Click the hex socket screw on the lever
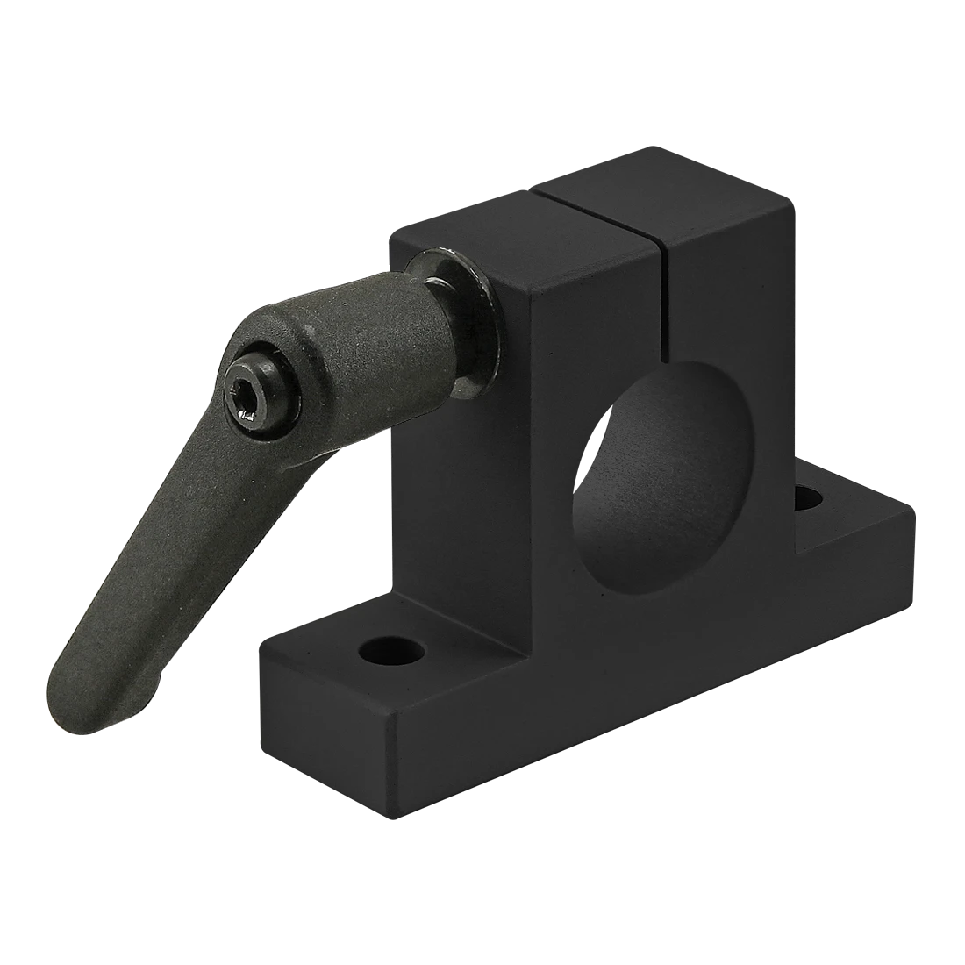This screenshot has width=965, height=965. point(250,393)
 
